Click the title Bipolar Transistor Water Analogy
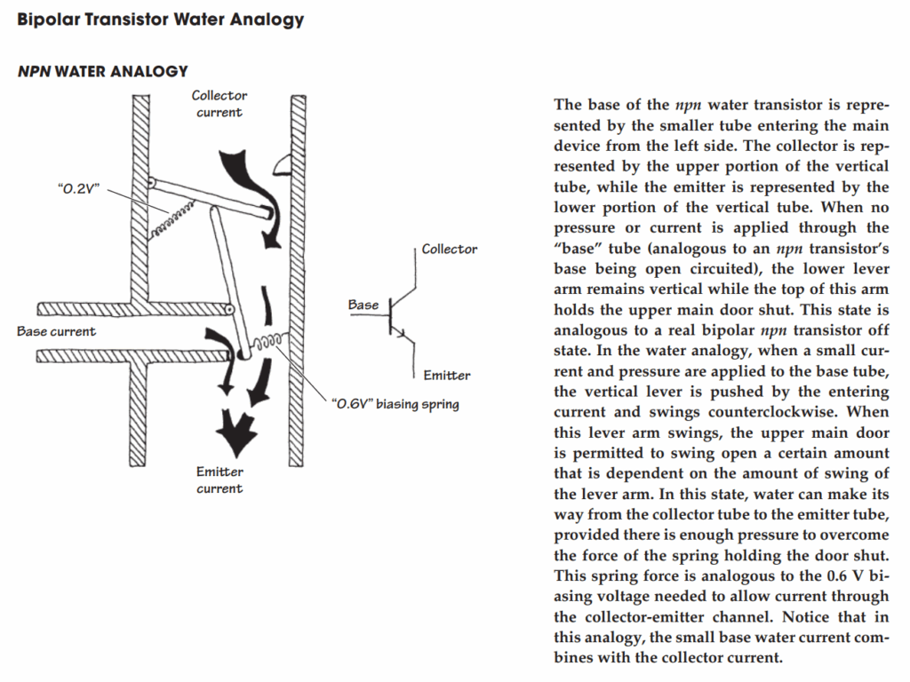(160, 20)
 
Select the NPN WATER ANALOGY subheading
(102, 71)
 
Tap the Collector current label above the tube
(220, 104)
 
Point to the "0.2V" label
(76, 189)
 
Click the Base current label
(56, 331)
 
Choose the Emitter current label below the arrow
(220, 480)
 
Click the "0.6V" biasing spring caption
(395, 405)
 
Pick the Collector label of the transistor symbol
(450, 250)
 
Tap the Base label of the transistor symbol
(363, 305)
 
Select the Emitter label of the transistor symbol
(447, 376)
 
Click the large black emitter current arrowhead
(235, 433)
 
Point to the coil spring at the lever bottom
(267, 342)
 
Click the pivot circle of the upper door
(152, 182)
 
